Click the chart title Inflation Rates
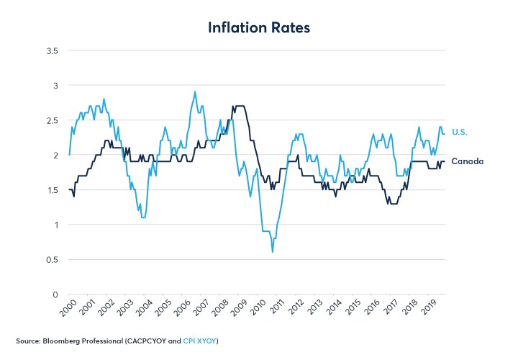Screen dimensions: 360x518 [x=258, y=27]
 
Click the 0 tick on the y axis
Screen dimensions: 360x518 [x=55, y=294]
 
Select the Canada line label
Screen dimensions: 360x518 [x=467, y=161]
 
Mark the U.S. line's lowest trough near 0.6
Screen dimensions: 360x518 [x=272, y=252]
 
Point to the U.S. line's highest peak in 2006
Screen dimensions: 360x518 [x=195, y=92]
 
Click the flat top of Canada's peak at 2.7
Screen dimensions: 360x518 [x=240, y=106]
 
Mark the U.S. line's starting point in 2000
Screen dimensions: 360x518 [x=69, y=155]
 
